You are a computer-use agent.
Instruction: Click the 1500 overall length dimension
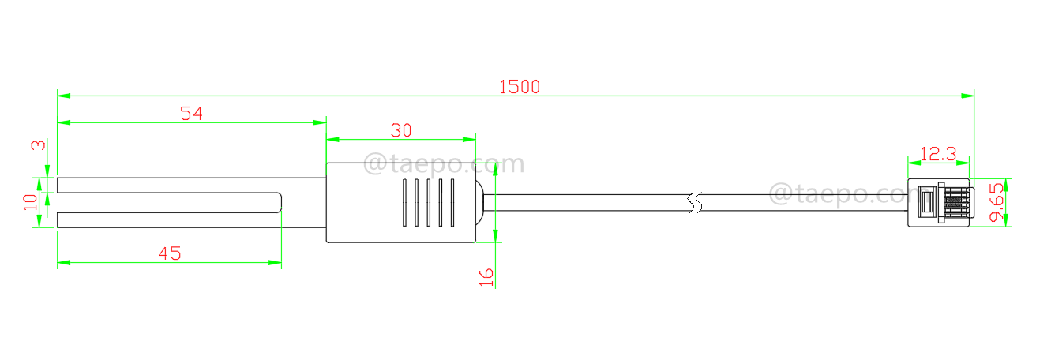pos(519,87)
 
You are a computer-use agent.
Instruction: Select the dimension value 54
pos(191,114)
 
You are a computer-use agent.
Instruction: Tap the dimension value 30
pos(401,131)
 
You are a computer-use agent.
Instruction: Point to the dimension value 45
pos(170,253)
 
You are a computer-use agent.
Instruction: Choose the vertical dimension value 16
pos(486,276)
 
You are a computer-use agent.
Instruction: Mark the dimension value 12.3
pos(939,154)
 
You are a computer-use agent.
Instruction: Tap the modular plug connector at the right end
pos(939,204)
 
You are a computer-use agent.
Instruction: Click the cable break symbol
pos(694,203)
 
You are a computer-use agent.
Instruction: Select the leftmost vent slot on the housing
pos(404,202)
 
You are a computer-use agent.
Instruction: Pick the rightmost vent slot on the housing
pos(452,202)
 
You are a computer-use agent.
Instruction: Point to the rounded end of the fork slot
pos(279,203)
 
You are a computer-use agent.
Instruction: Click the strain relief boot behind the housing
pos(480,202)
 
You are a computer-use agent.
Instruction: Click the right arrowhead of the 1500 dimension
pos(968,96)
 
